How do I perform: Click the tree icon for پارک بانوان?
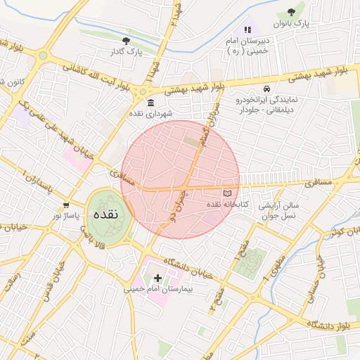(x=292, y=12)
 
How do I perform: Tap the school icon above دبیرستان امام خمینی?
(x=247, y=30)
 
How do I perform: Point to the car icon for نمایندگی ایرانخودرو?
(x=267, y=89)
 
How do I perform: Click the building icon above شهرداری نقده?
(x=132, y=103)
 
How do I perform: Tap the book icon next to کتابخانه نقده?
(x=226, y=193)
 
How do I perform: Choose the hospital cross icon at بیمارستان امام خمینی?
(x=157, y=278)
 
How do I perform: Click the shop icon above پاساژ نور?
(x=66, y=205)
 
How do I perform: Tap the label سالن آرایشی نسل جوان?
(x=279, y=211)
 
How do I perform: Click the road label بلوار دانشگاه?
(x=331, y=323)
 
